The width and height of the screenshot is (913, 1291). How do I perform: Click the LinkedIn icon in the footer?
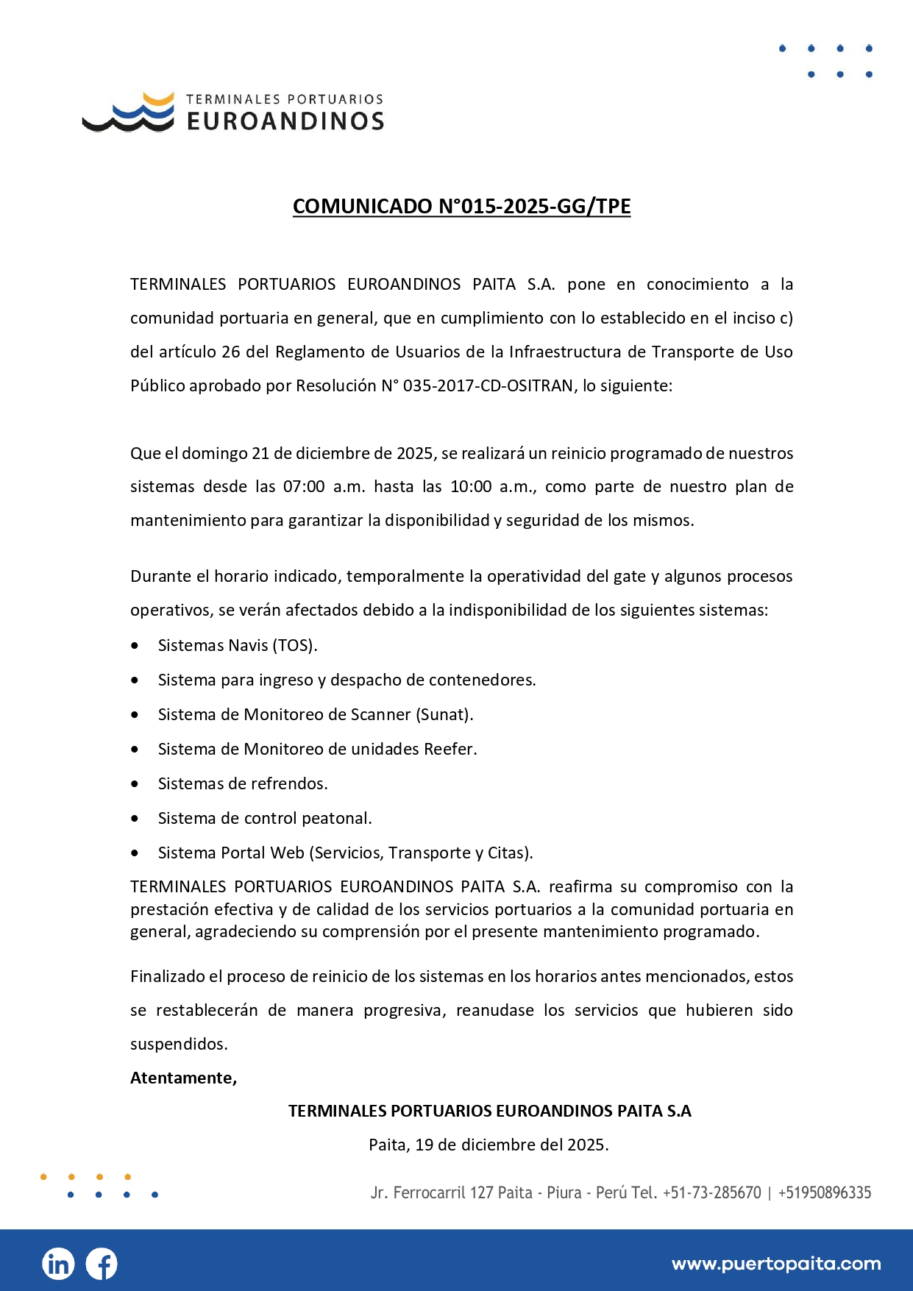(58, 1264)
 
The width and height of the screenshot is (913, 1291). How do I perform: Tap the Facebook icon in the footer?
(102, 1264)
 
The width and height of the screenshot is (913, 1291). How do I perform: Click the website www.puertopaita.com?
(775, 1264)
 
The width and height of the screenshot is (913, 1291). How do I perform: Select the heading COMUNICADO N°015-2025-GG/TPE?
(461, 206)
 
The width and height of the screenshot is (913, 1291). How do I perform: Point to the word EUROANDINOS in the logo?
(285, 121)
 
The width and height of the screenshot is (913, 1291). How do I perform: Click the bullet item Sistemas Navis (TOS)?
(238, 645)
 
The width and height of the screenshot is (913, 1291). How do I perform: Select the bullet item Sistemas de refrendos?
(243, 783)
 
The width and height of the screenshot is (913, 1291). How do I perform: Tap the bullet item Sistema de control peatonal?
(265, 818)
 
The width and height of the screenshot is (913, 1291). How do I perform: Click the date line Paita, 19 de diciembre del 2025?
(489, 1145)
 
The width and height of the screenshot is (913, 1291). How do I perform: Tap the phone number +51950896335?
(824, 1192)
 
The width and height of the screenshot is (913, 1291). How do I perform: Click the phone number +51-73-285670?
(711, 1192)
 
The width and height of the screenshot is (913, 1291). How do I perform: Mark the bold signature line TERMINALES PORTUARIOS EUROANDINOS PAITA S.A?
(489, 1111)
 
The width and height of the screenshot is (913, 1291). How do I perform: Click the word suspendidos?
(179, 1044)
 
